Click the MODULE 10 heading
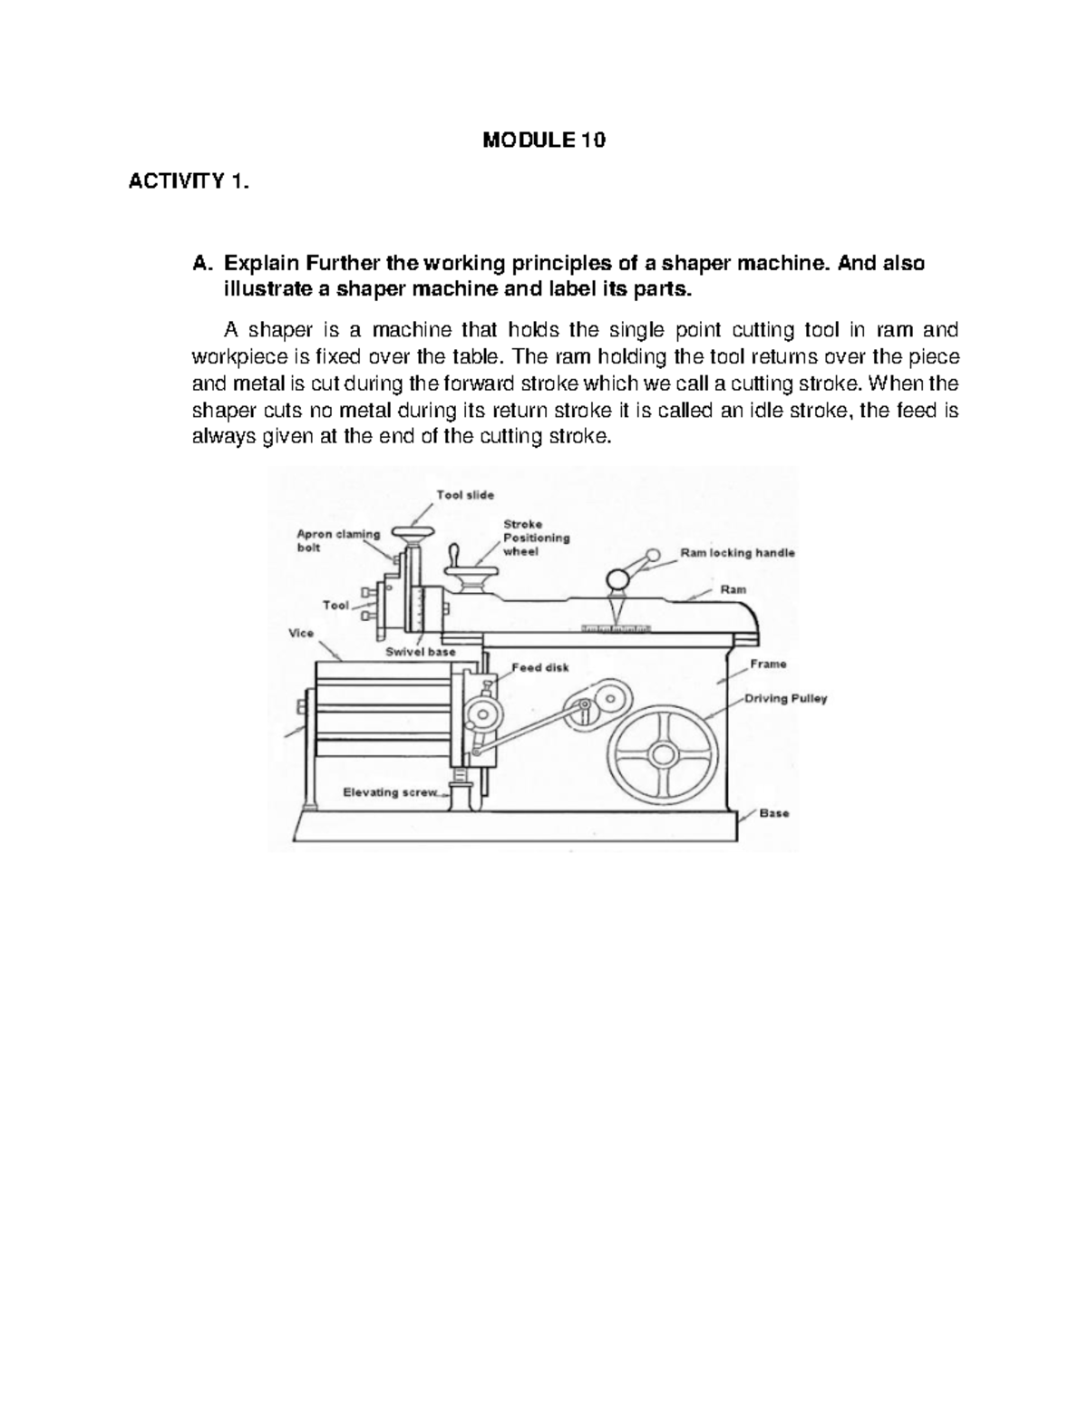544,141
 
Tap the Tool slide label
465,495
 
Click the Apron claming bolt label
338,541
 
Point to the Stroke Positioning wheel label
536,538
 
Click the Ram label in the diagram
733,589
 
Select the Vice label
301,634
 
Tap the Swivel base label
421,652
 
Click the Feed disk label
540,668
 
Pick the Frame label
768,665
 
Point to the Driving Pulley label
785,699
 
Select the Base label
774,813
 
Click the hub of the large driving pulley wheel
665,754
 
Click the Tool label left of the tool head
335,605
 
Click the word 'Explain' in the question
260,264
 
